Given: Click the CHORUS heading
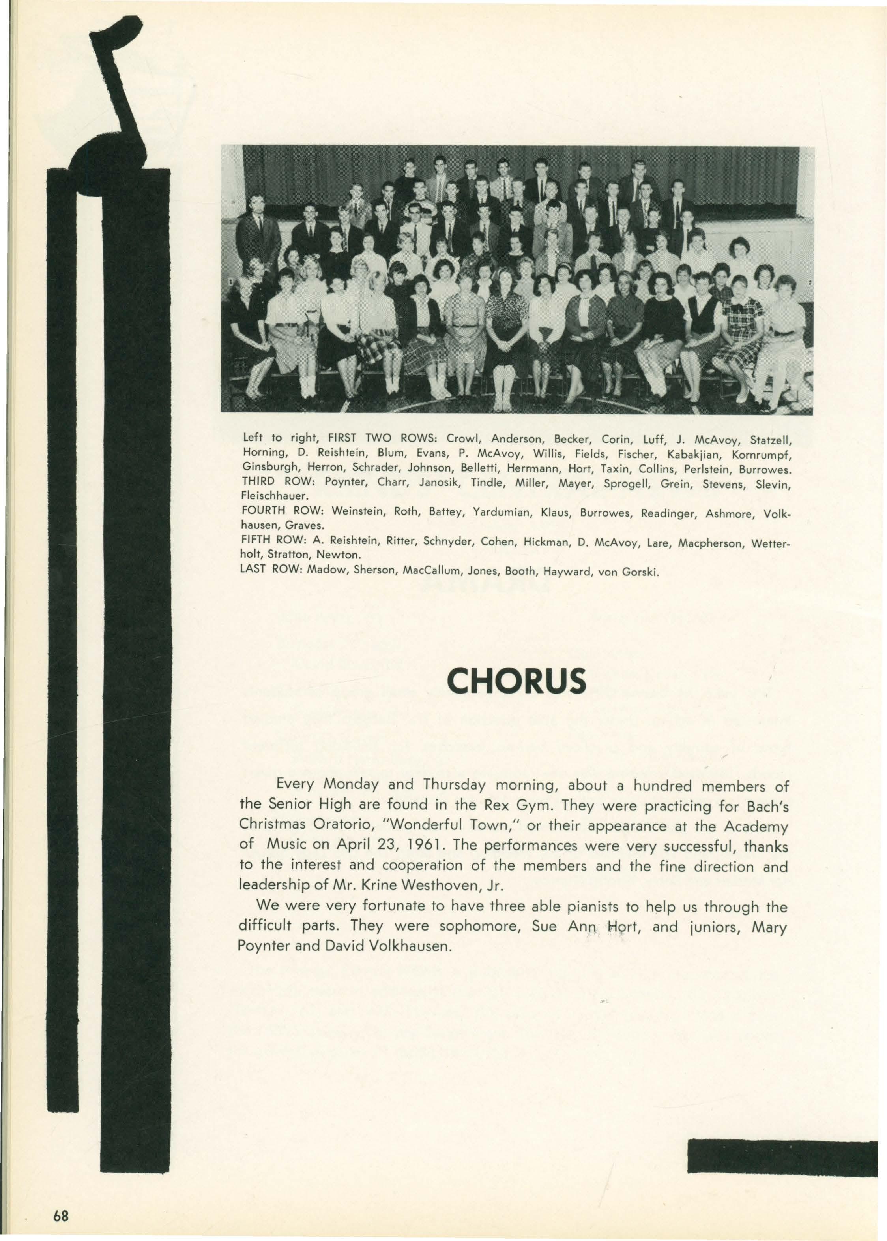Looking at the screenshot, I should [x=516, y=681].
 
